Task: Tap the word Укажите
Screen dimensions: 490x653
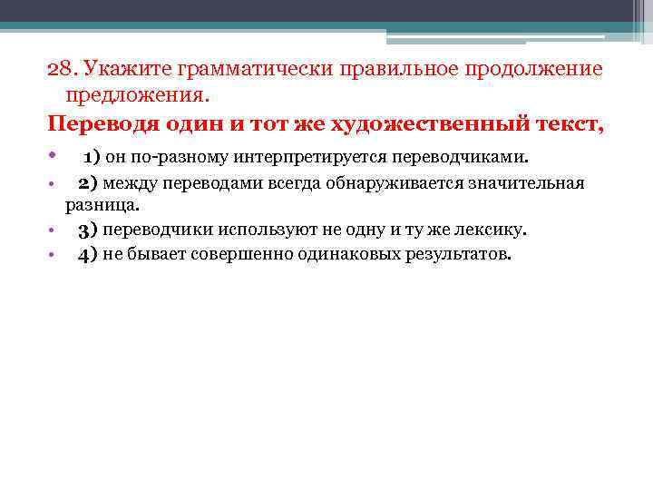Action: (x=129, y=70)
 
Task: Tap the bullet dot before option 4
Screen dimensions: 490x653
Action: (x=53, y=254)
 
